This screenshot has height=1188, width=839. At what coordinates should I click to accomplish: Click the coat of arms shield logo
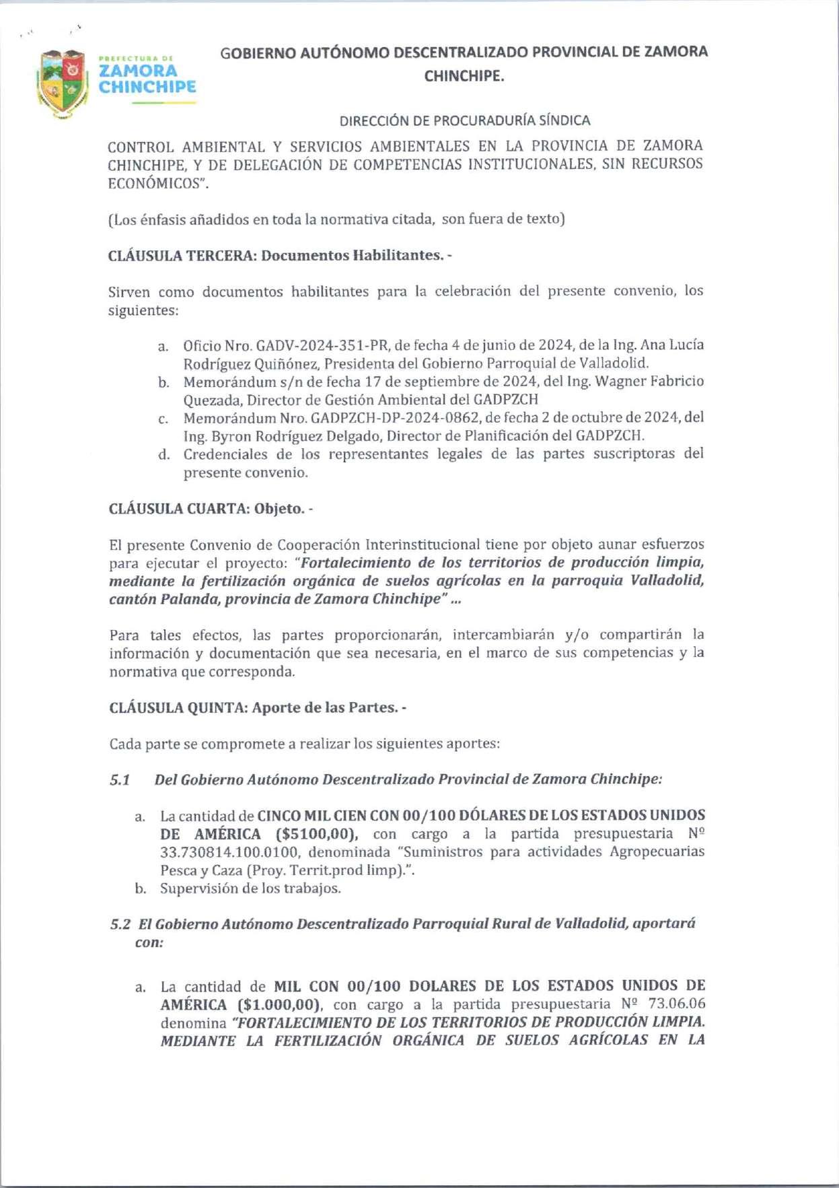tap(63, 83)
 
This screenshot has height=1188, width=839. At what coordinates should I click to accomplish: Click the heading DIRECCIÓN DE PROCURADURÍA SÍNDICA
tap(464, 120)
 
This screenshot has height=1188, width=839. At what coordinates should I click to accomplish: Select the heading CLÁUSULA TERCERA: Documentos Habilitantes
tap(276, 256)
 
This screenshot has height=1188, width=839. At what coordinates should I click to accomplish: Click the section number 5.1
tap(120, 780)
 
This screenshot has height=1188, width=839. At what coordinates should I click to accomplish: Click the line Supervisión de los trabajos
tap(250, 888)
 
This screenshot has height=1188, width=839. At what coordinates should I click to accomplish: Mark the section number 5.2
tap(120, 924)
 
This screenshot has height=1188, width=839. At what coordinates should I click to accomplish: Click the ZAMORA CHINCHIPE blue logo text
tap(147, 78)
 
